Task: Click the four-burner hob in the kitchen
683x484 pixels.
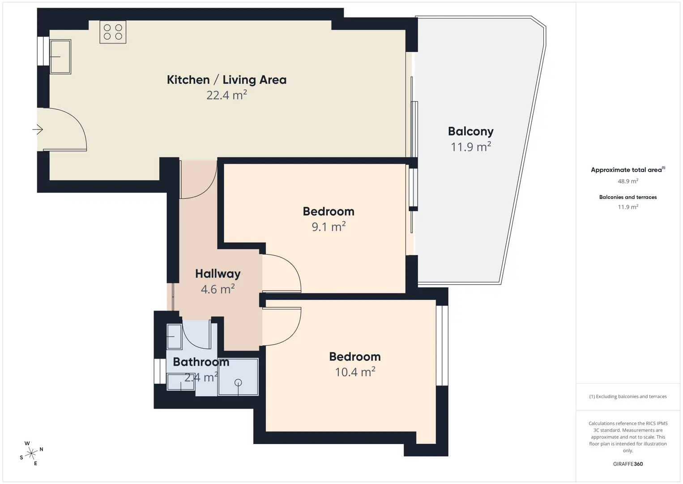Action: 113,32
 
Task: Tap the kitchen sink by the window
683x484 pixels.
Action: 60,57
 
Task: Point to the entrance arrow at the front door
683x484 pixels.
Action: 38,130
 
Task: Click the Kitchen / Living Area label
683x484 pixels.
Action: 226,80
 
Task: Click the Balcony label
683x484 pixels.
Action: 470,132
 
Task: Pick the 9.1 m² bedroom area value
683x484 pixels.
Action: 329,227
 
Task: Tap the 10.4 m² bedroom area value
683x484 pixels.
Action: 355,372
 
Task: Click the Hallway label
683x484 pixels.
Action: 218,274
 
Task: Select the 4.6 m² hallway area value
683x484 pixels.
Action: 218,289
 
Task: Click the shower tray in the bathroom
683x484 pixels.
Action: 238,377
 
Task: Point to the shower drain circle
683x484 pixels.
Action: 238,382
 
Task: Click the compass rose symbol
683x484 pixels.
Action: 31,454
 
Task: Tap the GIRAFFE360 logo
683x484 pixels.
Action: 628,464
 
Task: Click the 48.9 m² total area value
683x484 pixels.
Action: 628,181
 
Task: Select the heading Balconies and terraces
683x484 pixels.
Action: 628,197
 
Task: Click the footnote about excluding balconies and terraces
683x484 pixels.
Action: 628,396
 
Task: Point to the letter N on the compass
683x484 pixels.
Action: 41,449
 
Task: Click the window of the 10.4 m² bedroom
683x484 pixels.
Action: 442,346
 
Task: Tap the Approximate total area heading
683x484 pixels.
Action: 628,170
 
